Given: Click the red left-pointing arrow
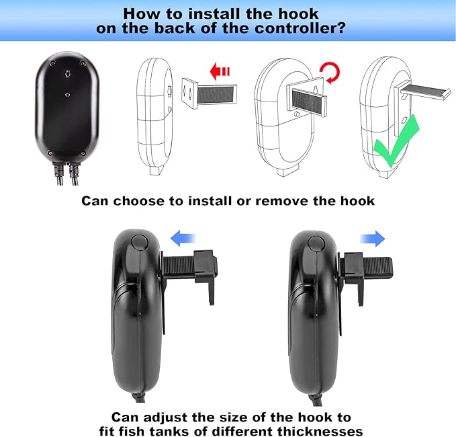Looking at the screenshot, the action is point(220,72).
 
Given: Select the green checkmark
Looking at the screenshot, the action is point(396,142).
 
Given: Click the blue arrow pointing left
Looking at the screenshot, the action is point(183,238).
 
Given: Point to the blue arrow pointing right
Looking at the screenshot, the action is point(373,239).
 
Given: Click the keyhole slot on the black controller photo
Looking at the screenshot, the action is point(68,74).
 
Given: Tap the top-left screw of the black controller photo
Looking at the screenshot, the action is point(52,63).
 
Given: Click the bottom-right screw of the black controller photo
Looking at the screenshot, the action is point(83,153).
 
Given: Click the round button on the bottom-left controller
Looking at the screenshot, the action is point(139,243).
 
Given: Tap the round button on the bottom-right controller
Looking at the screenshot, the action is point(316,243).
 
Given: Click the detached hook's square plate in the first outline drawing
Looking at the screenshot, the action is point(189,93).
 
